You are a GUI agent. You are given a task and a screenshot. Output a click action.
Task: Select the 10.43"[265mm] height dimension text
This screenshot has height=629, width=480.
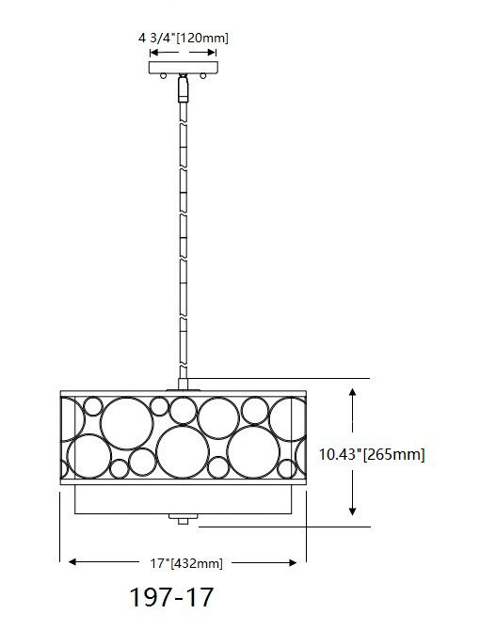(x=372, y=455)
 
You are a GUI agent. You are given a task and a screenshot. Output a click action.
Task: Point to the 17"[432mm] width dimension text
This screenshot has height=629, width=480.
(x=185, y=563)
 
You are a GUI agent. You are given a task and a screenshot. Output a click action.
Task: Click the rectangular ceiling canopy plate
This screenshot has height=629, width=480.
(x=184, y=66)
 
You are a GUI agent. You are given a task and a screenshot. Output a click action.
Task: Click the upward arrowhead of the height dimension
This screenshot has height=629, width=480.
(x=353, y=392)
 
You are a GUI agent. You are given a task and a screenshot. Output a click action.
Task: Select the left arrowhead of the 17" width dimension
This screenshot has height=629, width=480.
(x=68, y=563)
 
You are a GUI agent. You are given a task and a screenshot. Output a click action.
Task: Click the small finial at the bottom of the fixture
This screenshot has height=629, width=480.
(x=184, y=518)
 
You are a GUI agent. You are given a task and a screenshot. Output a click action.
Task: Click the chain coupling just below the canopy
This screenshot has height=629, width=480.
(x=184, y=89)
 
